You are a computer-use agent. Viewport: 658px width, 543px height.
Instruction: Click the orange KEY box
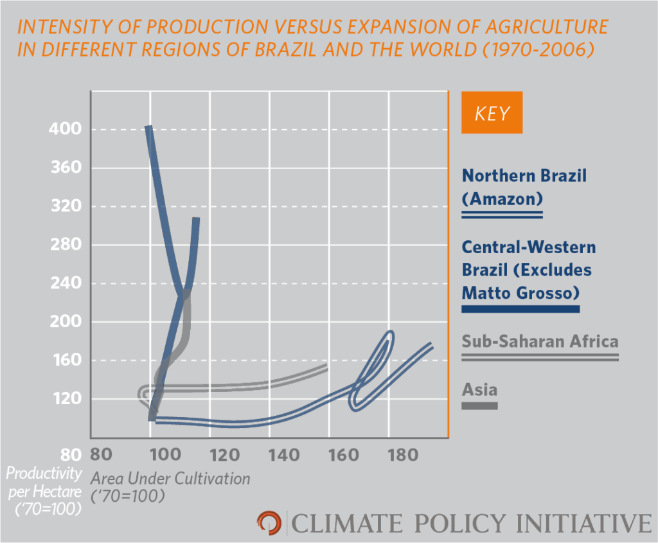(x=492, y=114)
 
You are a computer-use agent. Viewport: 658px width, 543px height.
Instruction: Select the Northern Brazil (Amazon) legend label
(x=524, y=186)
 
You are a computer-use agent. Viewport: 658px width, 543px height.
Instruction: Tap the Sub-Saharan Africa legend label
(x=540, y=341)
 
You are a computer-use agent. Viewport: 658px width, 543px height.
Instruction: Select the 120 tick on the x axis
(x=225, y=455)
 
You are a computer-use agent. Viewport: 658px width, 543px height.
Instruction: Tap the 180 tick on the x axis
(x=403, y=455)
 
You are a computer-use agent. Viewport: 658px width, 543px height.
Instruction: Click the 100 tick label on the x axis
(x=165, y=455)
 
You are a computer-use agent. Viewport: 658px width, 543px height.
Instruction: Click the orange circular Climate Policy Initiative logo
(x=268, y=522)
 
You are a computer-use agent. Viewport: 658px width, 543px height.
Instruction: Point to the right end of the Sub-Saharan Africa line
(x=326, y=367)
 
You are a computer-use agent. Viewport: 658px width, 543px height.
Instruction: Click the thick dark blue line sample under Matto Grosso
(x=520, y=309)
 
